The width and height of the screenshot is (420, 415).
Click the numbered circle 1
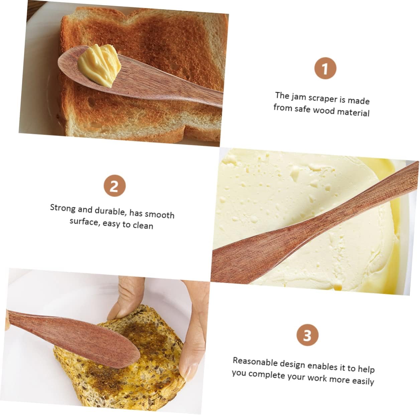click(325, 68)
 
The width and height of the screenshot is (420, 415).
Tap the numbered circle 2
click(115, 185)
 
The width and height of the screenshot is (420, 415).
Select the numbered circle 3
click(307, 335)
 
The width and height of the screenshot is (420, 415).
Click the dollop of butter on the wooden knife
click(99, 65)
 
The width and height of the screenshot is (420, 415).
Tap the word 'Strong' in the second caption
click(63, 208)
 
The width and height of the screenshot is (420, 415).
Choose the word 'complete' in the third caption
click(266, 375)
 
